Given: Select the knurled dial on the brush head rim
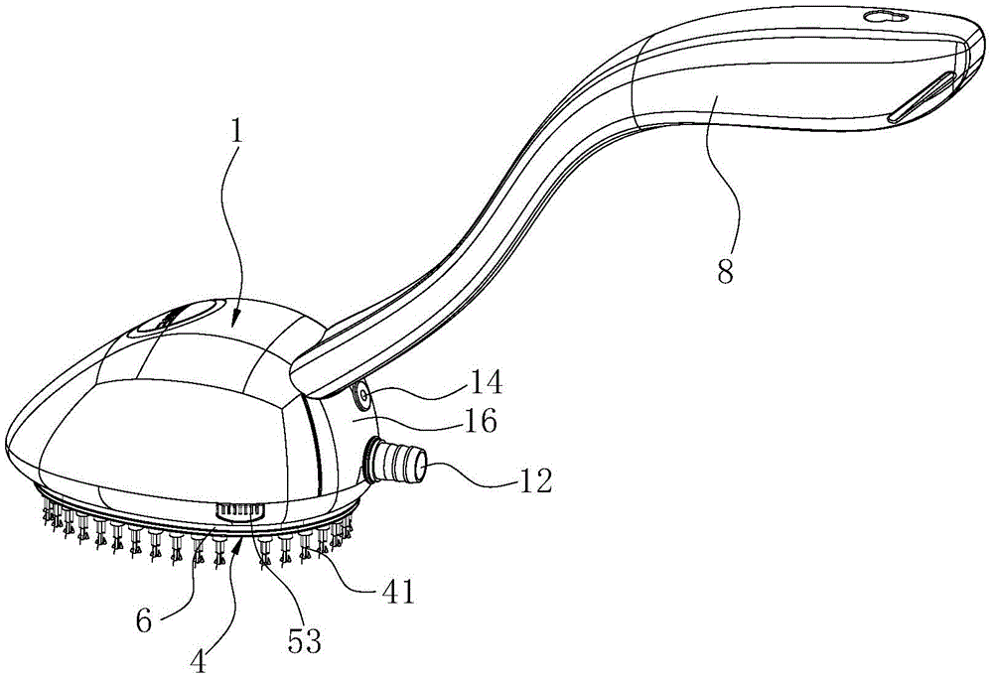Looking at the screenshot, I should coord(239,510).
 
